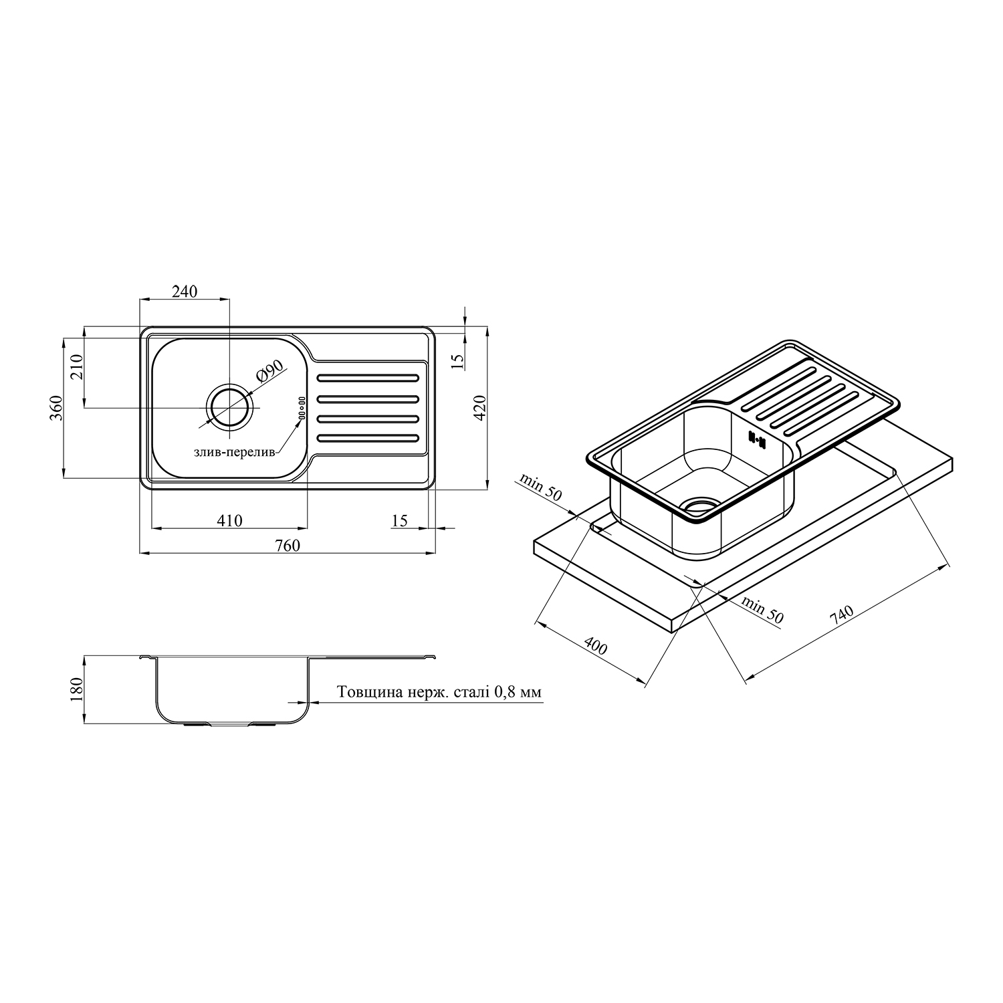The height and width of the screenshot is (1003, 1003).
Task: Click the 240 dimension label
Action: click(185, 292)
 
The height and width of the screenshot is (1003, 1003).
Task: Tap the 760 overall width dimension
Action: click(288, 545)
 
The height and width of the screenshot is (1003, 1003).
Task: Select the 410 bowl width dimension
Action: click(229, 520)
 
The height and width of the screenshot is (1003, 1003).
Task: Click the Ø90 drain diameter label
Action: click(269, 371)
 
